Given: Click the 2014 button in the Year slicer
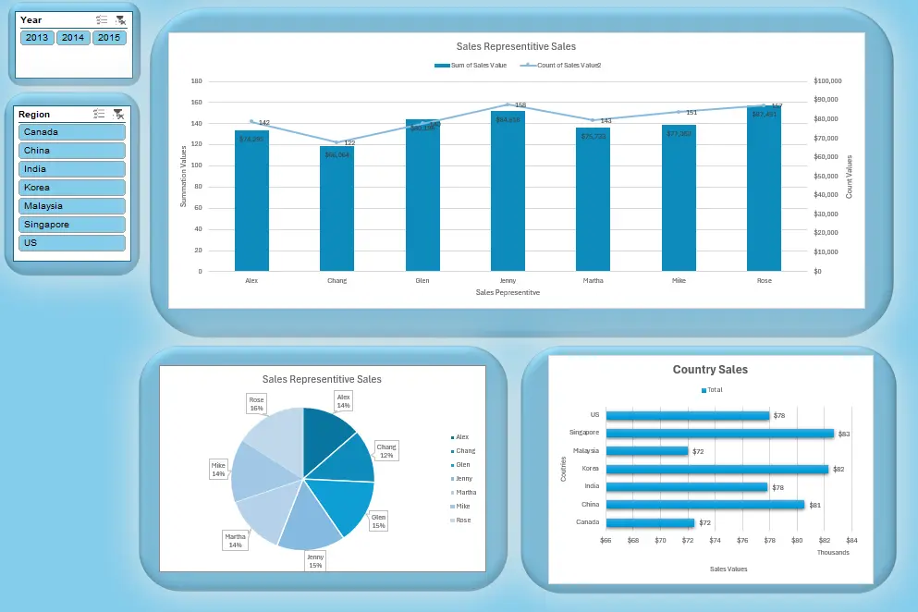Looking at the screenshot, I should (73, 38).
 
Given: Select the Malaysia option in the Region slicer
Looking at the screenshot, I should (72, 205).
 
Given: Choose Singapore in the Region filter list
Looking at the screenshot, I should (72, 224).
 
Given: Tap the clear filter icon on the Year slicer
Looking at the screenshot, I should (119, 19).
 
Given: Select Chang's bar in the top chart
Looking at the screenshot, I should (337, 208).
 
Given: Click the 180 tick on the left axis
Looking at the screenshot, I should (196, 81).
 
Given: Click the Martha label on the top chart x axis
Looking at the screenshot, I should (593, 279).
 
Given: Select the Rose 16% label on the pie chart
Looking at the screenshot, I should (256, 404).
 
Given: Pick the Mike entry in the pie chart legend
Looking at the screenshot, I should (461, 507).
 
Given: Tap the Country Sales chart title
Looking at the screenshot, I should (710, 370).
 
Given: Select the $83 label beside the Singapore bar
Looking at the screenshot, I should (844, 434).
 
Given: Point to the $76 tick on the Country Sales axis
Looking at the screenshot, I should (742, 540).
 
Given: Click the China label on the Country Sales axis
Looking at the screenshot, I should (590, 505).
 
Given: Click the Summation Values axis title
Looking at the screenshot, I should (183, 176).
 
